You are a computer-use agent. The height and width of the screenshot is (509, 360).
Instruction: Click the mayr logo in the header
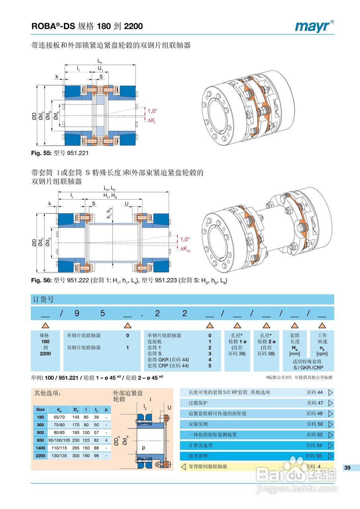pyautogui.click(x=314, y=26)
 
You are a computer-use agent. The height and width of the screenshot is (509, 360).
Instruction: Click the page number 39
pyautogui.click(x=347, y=468)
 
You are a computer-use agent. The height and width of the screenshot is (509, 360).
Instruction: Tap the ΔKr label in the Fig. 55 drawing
pyautogui.click(x=152, y=120)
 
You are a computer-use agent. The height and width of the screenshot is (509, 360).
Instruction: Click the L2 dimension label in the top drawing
pyautogui.click(x=100, y=62)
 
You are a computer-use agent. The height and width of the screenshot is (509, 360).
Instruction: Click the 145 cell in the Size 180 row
pyautogui.click(x=76, y=417)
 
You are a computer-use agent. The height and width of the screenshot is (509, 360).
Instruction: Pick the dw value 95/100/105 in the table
pyautogui.click(x=59, y=440)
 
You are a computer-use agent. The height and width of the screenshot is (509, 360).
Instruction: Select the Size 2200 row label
pyautogui.click(x=40, y=455)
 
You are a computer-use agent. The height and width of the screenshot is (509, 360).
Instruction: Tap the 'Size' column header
pyautogui.click(x=40, y=409)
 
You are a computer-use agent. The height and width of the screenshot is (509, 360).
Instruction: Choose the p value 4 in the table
pyautogui.click(x=106, y=440)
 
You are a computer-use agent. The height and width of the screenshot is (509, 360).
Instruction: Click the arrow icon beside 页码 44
pyautogui.click(x=330, y=392)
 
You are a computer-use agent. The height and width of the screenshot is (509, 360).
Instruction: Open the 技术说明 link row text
pyautogui.click(x=198, y=456)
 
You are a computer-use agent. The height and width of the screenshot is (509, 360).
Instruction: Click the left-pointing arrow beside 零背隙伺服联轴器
pyautogui.click(x=183, y=466)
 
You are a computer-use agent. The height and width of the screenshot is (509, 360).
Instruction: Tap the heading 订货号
pyautogui.click(x=43, y=299)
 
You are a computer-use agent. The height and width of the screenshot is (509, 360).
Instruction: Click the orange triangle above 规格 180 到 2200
pyautogui.click(x=45, y=325)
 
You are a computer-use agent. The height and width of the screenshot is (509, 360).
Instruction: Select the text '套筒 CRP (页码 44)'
pyautogui.click(x=168, y=365)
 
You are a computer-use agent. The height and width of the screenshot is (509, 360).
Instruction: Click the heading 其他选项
pyautogui.click(x=47, y=393)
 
